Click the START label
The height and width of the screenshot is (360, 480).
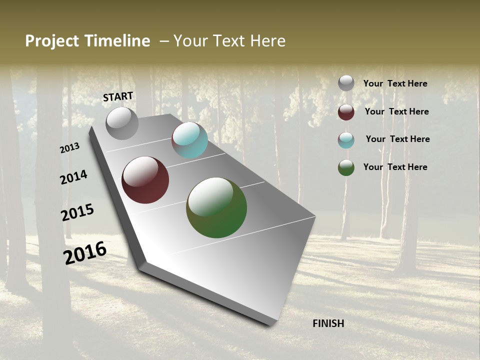click(x=118, y=96)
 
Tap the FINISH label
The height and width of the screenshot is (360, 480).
click(x=328, y=323)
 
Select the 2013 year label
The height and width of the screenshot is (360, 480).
click(x=70, y=148)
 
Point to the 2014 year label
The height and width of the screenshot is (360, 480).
click(x=74, y=177)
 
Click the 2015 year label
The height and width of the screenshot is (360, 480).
click(x=77, y=212)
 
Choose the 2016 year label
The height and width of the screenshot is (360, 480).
click(x=85, y=253)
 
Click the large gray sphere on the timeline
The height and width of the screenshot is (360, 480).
click(x=122, y=123)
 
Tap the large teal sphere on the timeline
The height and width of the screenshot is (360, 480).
click(x=189, y=140)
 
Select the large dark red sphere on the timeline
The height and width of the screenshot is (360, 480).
click(x=145, y=180)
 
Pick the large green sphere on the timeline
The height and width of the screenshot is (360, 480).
click(x=216, y=207)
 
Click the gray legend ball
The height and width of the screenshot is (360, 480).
click(x=346, y=83)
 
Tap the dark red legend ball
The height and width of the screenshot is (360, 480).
click(x=346, y=112)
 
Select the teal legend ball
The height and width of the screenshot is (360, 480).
click(x=346, y=140)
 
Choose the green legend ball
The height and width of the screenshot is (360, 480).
click(x=346, y=167)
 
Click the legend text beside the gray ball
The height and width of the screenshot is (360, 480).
click(x=395, y=83)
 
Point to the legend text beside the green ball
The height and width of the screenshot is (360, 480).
click(x=395, y=167)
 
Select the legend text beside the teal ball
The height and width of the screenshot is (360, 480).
click(x=397, y=139)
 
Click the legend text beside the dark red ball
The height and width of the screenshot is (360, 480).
click(x=396, y=111)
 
